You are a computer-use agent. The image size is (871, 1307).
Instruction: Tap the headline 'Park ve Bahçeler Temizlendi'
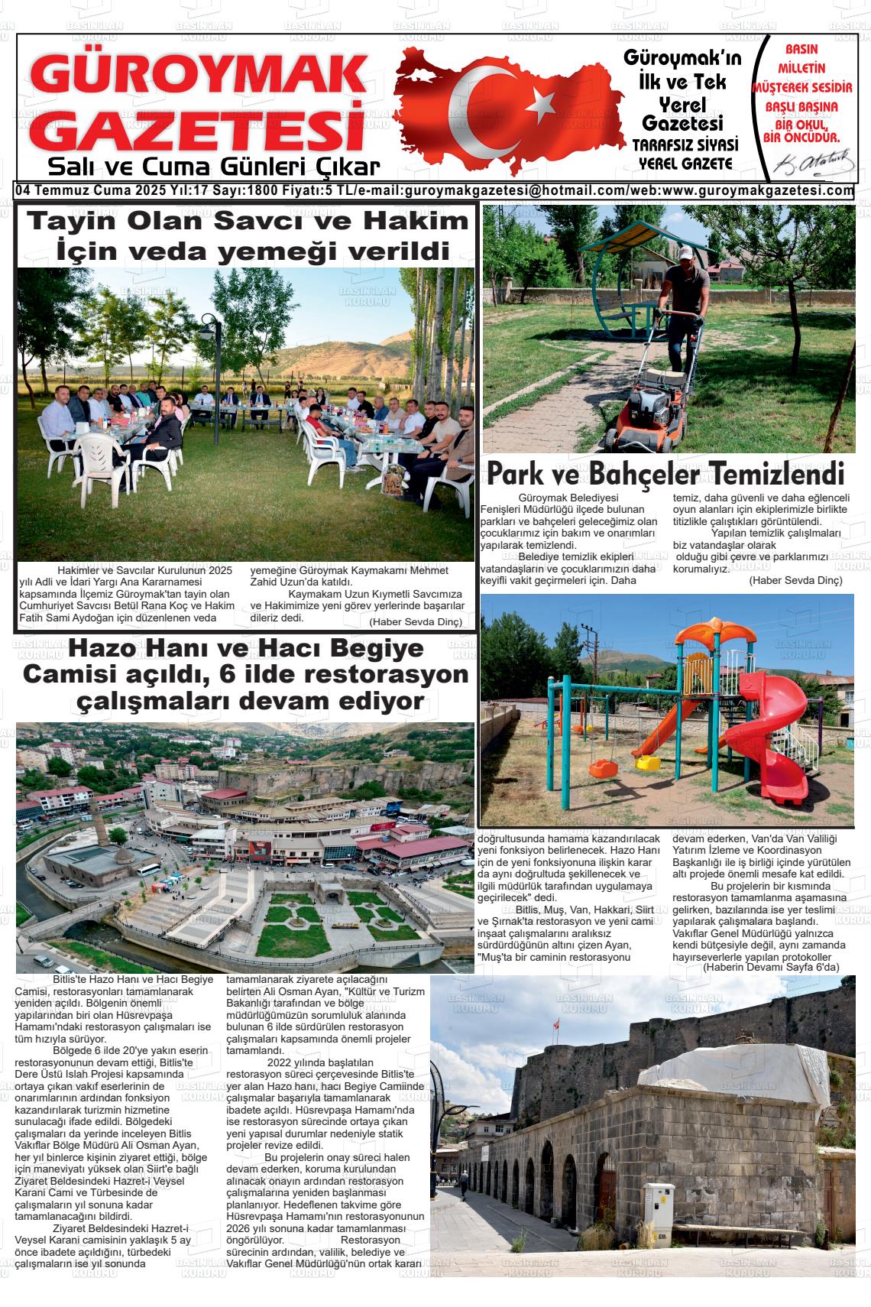click(665, 474)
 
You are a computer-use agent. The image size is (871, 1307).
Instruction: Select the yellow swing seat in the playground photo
click(648, 762)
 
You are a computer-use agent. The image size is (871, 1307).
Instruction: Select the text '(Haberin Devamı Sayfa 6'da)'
click(771, 967)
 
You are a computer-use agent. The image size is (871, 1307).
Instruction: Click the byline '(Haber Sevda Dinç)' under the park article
click(795, 602)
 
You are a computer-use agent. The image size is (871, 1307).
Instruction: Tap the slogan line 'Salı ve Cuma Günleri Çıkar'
click(213, 167)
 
